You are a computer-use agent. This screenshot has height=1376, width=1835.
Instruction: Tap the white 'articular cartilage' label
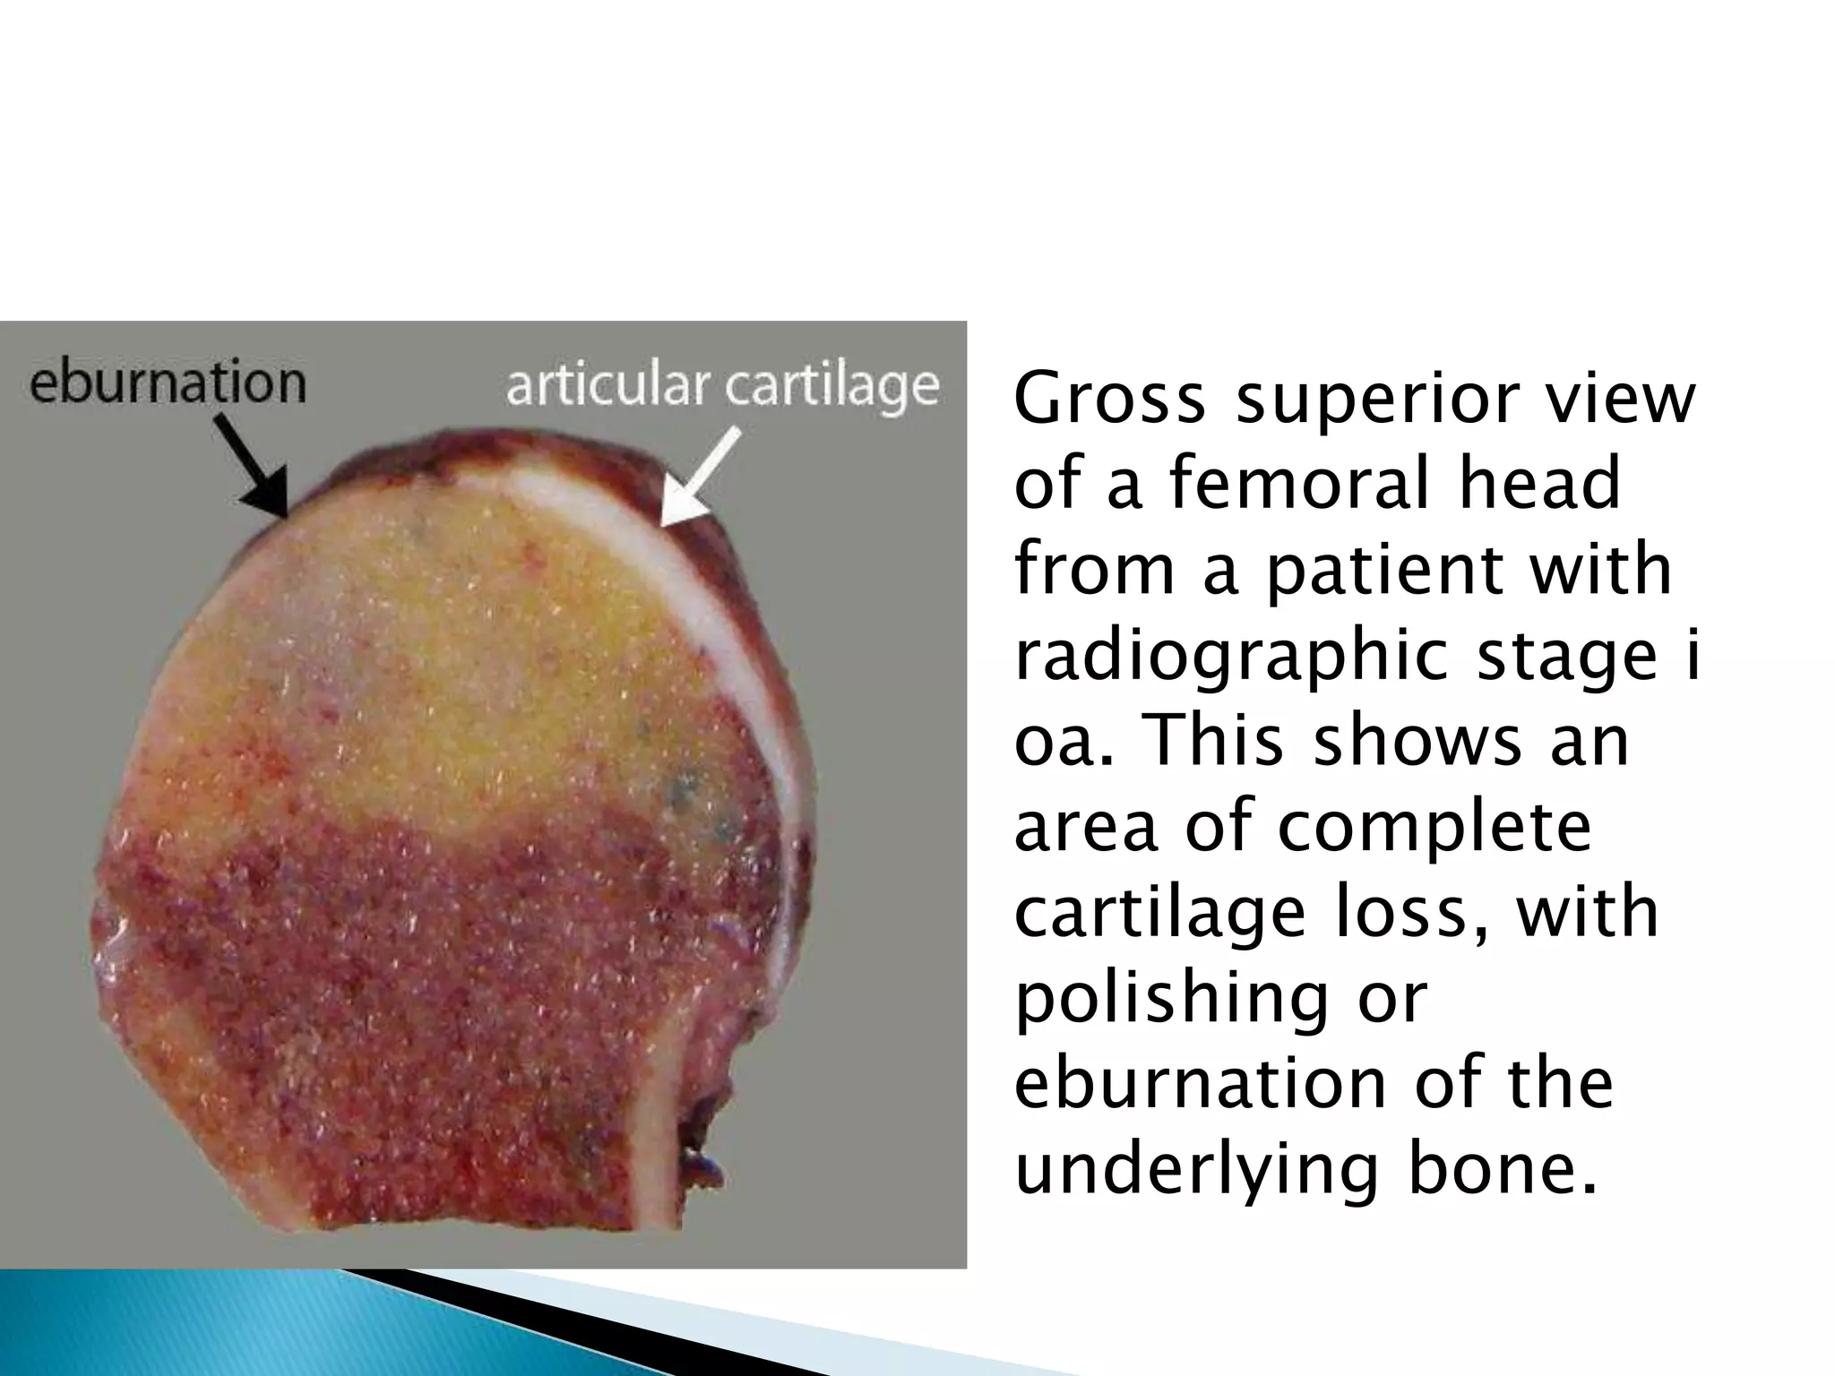coord(722,386)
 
